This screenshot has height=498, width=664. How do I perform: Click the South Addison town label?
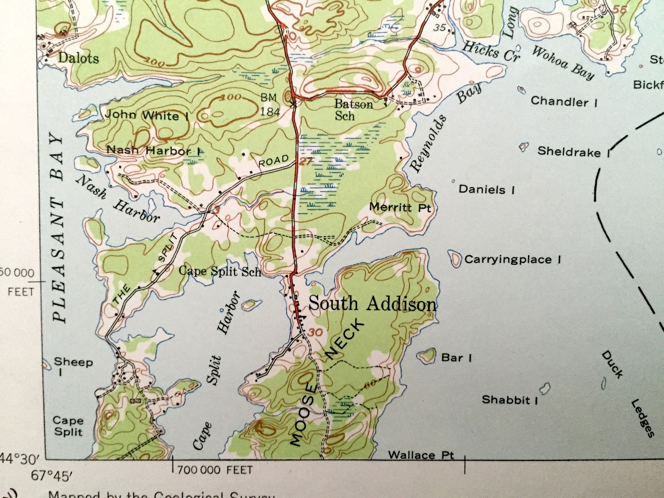click(372, 304)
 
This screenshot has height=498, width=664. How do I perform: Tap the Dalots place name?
click(79, 58)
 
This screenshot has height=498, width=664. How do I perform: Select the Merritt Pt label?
click(400, 207)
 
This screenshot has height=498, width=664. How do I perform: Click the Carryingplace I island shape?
click(454, 259)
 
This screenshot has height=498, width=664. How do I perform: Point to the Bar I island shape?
click(427, 356)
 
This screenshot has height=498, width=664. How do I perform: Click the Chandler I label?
click(564, 102)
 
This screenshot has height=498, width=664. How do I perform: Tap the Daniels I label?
click(487, 189)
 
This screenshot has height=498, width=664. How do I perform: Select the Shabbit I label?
click(509, 400)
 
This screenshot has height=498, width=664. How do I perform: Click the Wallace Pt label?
click(421, 455)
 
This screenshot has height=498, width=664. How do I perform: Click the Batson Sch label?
click(353, 110)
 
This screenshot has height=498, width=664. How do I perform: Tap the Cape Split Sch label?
click(220, 271)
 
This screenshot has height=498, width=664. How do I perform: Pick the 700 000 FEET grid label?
click(215, 470)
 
